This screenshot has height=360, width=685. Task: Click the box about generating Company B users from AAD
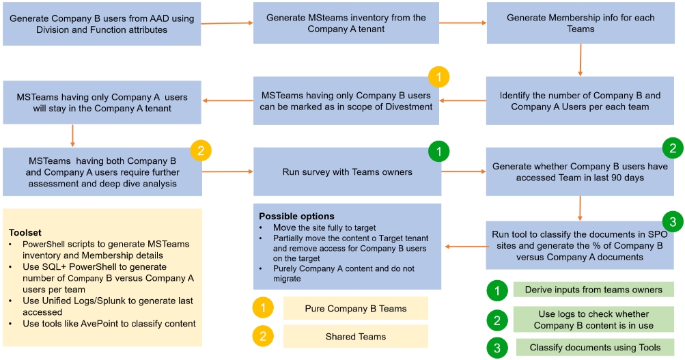(x=102, y=24)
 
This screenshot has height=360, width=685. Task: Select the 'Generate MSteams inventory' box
(x=346, y=24)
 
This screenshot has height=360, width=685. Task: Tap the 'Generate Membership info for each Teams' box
(x=580, y=24)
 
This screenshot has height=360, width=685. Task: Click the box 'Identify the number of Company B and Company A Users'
(x=580, y=101)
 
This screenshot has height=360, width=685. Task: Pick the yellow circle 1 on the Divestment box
(x=438, y=76)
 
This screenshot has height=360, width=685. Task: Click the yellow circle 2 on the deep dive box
(x=200, y=151)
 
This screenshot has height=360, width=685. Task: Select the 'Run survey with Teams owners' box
(x=346, y=171)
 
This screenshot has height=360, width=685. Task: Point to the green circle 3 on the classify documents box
(x=673, y=221)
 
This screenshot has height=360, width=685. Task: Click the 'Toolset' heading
(x=25, y=233)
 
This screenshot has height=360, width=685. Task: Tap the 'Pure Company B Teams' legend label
(x=355, y=309)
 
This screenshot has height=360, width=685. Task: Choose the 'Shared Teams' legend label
(x=355, y=337)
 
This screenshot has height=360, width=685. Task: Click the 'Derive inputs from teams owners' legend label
(x=593, y=290)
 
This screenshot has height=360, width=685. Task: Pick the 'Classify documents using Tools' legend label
(x=593, y=348)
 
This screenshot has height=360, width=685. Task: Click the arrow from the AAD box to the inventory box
(x=227, y=24)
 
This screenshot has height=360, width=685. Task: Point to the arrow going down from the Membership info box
(x=580, y=60)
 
